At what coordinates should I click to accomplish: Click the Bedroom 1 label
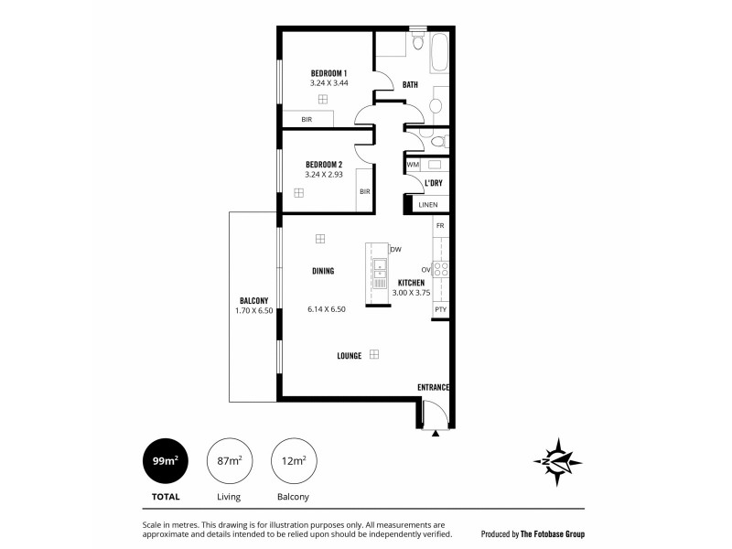coord(328,73)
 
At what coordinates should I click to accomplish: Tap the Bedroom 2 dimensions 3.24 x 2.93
coord(324,174)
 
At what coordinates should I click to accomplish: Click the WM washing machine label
coord(413,165)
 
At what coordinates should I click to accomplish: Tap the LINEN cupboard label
coord(428,205)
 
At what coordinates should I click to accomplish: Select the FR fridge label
coord(440,225)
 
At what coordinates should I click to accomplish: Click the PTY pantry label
coord(440,309)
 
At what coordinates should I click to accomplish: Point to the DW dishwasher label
coord(396,249)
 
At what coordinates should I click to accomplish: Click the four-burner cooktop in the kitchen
coord(439,269)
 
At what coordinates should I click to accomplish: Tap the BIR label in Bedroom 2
coord(364,191)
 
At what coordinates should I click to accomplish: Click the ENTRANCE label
coord(434,387)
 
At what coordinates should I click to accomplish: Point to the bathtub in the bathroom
coord(439,53)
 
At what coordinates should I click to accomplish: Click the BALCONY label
coord(253,301)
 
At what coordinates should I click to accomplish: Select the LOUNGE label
coord(349,356)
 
